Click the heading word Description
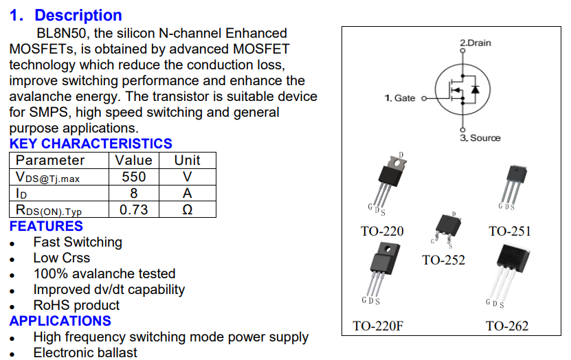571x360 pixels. click(78, 15)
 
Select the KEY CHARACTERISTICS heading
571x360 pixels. click(91, 144)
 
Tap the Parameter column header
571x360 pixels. click(50, 160)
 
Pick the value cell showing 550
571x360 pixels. click(134, 177)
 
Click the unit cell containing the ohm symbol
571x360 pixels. click(187, 210)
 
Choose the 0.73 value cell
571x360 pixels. click(134, 210)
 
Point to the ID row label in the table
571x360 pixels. click(22, 194)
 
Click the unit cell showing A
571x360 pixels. click(187, 193)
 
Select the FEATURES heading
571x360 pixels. click(46, 226)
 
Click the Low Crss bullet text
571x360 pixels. click(61, 258)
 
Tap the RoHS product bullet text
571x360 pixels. click(76, 305)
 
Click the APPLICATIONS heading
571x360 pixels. click(60, 321)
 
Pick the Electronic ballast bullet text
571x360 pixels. click(85, 352)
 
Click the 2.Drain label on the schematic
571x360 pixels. click(475, 43)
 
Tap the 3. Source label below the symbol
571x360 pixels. click(480, 138)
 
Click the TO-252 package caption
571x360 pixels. click(443, 260)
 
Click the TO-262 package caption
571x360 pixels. click(507, 326)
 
